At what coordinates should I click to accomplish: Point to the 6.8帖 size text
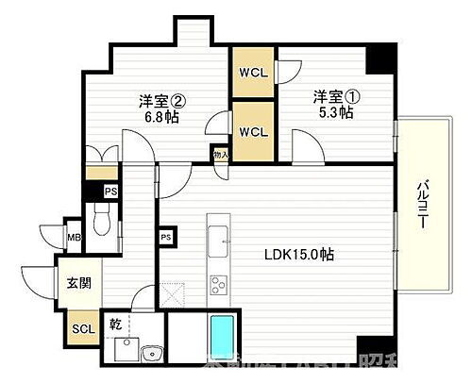pyautogui.click(x=160, y=119)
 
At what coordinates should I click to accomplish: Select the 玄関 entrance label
pyautogui.click(x=77, y=281)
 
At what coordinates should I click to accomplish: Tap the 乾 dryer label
pyautogui.click(x=115, y=324)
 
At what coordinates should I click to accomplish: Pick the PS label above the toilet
pyautogui.click(x=110, y=191)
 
